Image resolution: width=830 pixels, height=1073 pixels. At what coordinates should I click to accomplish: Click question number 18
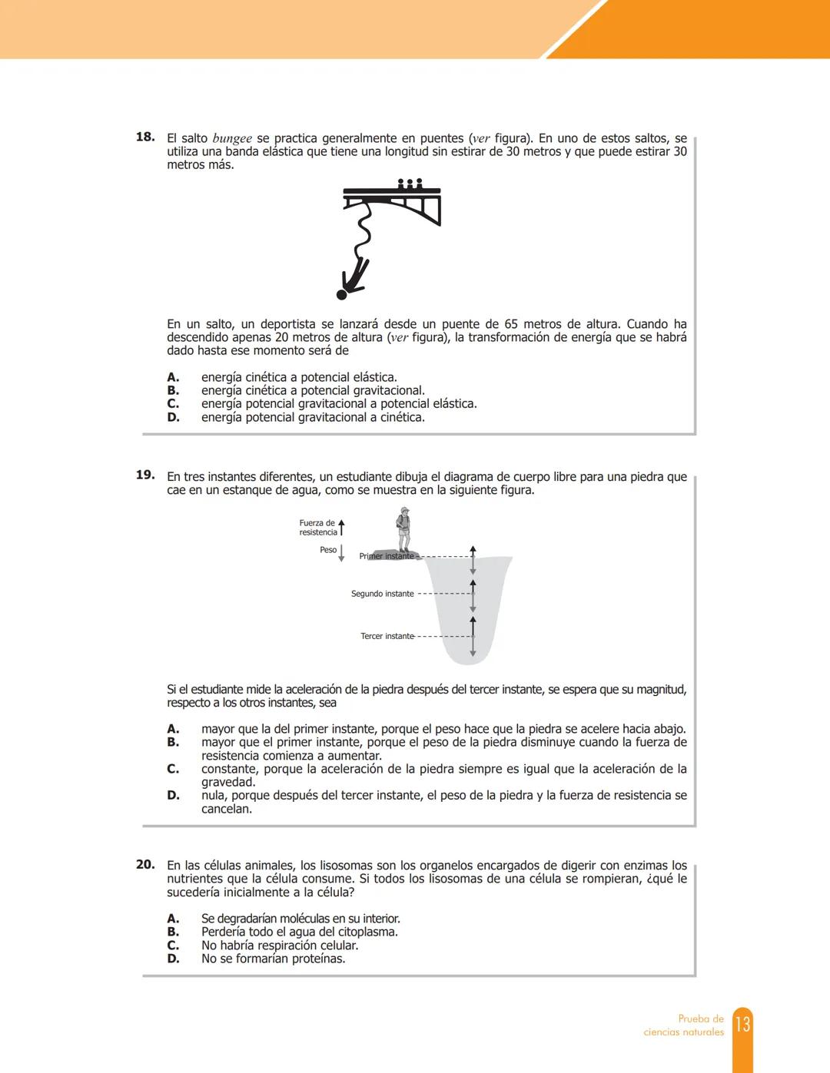pos(145,137)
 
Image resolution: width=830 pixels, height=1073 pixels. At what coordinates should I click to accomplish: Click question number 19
pos(145,475)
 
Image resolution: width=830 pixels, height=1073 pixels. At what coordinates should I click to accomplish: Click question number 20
pos(145,865)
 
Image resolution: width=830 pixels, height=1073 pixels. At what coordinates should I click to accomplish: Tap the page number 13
pos(742,1025)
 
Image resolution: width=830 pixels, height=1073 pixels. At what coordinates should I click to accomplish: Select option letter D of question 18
pos(173,417)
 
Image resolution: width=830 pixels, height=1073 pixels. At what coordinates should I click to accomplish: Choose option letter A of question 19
pos(173,729)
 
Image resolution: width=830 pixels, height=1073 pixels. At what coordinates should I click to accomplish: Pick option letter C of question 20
pos(173,945)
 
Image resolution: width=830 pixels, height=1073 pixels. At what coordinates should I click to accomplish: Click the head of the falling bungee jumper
pos(342,294)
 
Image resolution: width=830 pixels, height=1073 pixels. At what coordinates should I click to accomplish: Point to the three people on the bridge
pos(410,184)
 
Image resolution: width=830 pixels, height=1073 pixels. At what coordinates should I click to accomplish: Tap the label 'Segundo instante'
pos(382,594)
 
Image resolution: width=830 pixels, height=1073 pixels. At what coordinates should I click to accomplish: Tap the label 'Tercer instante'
pos(387,636)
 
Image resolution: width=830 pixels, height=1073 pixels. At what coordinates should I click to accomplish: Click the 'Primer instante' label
pos(387,556)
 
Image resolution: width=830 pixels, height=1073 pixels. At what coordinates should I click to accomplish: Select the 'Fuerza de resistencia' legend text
pos(317,528)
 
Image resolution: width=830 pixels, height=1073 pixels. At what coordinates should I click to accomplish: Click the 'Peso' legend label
pos(328,550)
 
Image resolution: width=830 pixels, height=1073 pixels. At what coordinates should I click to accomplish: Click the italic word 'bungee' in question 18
pos(231,139)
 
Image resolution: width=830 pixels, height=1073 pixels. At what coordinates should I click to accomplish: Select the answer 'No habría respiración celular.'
pos(280,945)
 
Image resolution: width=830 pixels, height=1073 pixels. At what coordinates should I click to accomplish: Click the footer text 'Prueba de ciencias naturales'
pos(684,1025)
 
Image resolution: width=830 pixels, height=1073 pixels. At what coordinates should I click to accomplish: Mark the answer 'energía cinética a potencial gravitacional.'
pos(313,390)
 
